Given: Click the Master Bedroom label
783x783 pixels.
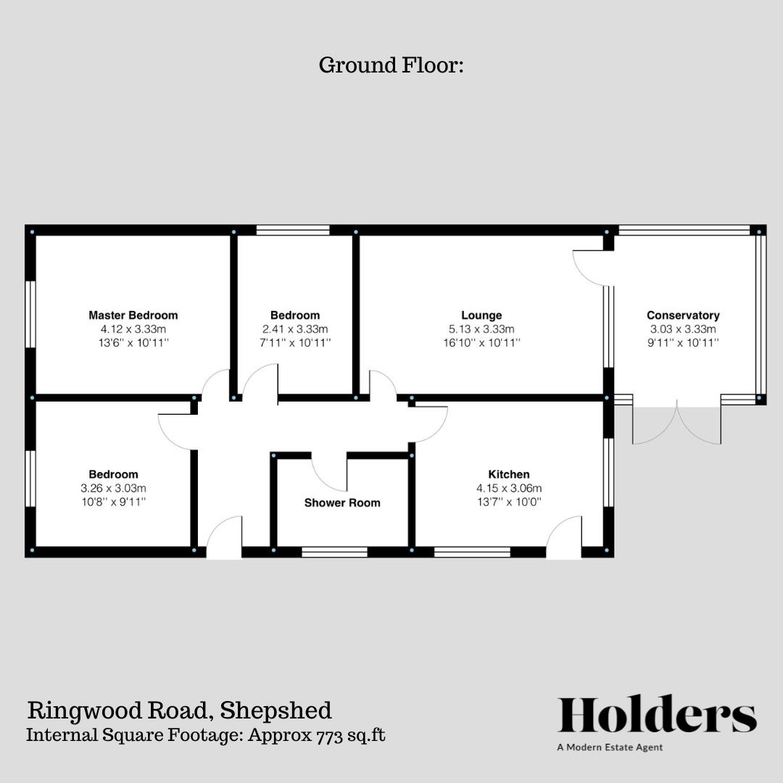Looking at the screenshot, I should tap(133, 315).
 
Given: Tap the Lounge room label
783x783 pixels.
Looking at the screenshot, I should tap(481, 315).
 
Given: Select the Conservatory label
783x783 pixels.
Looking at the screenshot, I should tap(683, 315).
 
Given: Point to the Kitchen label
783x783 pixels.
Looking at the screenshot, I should tap(508, 475).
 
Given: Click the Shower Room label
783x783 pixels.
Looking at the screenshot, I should tap(342, 502).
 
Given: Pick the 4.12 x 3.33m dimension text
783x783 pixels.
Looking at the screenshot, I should tap(133, 329).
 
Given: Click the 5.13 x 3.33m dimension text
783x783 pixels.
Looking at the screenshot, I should tap(481, 329).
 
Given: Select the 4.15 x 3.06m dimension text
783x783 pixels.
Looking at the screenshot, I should tap(508, 489).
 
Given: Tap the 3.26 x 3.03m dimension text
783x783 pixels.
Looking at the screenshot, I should tap(113, 489).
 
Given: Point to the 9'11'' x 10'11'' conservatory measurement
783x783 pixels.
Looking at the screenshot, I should tap(683, 343).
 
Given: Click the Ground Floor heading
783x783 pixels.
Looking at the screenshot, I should tap(391, 65).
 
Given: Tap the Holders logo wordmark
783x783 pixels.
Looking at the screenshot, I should tap(657, 715).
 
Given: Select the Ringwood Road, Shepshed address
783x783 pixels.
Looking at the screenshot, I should tap(179, 710).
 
